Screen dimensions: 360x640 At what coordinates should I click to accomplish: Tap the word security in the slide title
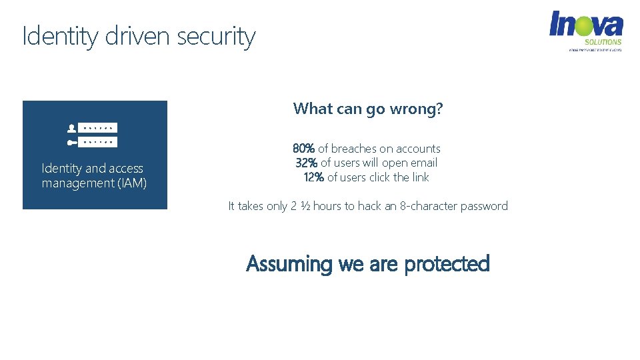coord(216,36)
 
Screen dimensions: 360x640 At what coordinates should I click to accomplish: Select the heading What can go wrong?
coord(367,109)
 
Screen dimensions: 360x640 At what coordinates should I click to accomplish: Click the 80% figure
coord(303,149)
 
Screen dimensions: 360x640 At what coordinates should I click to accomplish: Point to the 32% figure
coord(307,163)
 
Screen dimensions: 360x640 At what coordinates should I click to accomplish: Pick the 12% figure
coord(314,177)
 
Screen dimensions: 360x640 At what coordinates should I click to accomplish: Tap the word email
coord(423,163)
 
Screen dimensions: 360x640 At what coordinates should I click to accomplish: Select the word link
coord(420,177)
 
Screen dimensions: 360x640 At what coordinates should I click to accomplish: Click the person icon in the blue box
coord(72,127)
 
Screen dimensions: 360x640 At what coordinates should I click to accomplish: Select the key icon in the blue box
coord(72,142)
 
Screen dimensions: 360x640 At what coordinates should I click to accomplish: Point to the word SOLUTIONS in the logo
coord(603,42)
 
